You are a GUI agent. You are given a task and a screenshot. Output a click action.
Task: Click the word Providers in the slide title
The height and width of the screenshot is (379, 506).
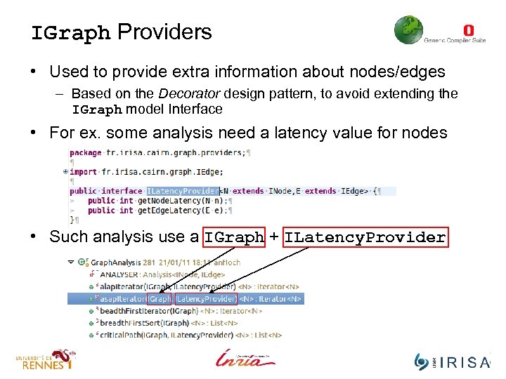[164, 32]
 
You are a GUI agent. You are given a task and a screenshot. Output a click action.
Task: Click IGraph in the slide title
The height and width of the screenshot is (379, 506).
[70, 33]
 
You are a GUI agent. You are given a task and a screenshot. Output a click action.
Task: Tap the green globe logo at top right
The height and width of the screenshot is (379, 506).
[408, 31]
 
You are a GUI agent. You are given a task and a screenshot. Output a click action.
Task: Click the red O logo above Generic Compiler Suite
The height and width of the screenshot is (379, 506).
[469, 30]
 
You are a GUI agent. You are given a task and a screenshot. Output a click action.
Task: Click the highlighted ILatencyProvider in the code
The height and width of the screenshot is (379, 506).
[182, 191]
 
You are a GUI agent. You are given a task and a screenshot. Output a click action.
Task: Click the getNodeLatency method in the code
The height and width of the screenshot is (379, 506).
[162, 200]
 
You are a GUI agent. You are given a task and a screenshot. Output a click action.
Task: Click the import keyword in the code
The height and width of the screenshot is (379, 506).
[84, 171]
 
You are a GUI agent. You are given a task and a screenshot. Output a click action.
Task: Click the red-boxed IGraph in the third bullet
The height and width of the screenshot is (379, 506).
[234, 238]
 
